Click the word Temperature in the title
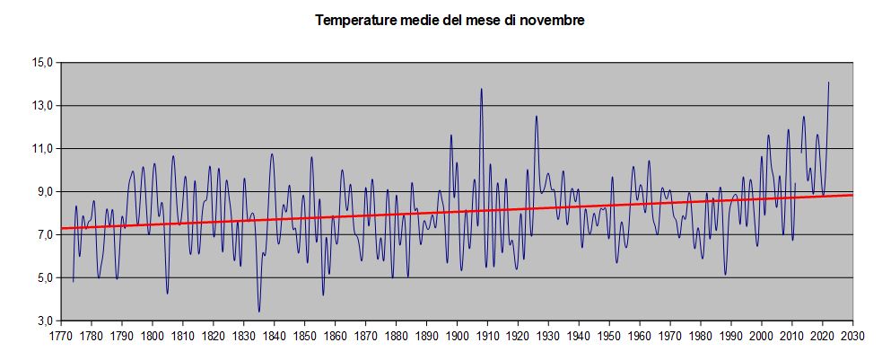click(352, 20)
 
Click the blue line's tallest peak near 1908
click(482, 89)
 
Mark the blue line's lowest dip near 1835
click(259, 312)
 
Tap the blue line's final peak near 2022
click(828, 83)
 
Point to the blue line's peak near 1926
click(536, 116)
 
